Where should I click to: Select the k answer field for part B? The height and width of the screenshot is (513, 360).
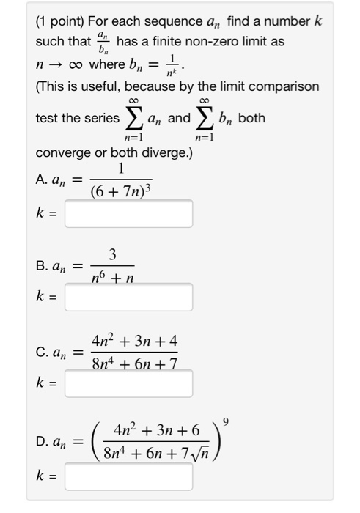pos(128,298)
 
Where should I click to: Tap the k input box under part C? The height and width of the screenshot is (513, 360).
pos(128,383)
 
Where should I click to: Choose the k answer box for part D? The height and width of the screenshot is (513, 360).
pos(128,476)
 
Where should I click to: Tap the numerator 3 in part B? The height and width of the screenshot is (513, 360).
pos(111,254)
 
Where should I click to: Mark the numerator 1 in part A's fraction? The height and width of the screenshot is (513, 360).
pos(121,169)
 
